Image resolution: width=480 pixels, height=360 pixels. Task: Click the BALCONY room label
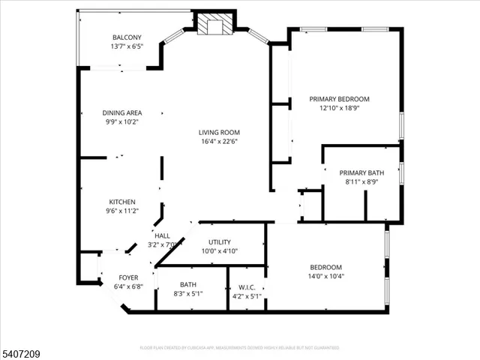pos(126,37)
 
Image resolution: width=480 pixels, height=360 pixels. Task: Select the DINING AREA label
pos(122,113)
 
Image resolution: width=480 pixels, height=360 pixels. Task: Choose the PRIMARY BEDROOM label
pos(340,99)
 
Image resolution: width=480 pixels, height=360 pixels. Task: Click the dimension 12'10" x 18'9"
pos(340,108)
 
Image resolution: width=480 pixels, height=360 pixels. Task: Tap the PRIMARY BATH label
pos(361,172)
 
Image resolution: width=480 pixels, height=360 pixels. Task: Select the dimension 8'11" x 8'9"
pos(361,181)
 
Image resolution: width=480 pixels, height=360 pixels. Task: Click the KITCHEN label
pos(122,202)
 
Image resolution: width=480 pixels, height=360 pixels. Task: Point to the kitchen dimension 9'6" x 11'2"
pos(122,211)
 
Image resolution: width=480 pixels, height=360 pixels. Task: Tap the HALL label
pos(162,236)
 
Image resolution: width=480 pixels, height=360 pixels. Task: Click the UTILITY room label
pos(220,242)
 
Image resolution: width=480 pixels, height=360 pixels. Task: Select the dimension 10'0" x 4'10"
pos(220,251)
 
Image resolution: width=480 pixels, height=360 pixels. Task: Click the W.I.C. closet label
pos(247,286)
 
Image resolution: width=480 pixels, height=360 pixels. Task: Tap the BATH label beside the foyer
pos(187,284)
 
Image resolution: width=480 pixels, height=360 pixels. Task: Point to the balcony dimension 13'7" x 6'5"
pos(126,46)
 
